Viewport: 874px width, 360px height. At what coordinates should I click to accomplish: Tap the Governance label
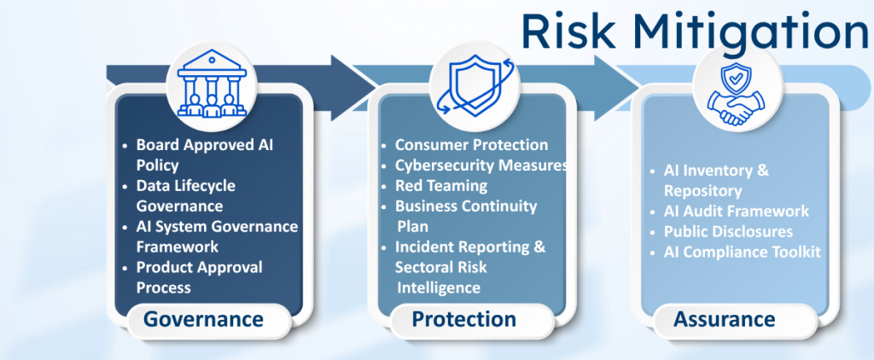pos(203,319)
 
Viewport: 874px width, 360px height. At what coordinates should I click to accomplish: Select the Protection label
pos(463,319)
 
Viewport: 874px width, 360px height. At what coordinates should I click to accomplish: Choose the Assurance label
pos(725,319)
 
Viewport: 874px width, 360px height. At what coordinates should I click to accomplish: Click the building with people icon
pos(212,84)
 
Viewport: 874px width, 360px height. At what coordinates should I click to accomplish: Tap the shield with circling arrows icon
pos(474,84)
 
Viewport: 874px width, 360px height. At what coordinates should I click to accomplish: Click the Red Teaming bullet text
pos(441,186)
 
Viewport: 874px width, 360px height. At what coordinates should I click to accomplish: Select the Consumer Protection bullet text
pos(471,145)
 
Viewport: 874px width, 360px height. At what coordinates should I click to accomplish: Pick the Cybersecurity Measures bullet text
pos(481,165)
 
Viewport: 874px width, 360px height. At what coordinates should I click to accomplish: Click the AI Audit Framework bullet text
pos(737,212)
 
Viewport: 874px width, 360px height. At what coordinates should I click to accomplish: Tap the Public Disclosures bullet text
pos(729,232)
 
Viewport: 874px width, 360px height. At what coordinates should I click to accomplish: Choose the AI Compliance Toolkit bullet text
pos(743,253)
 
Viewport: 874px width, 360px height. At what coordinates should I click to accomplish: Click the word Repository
pos(703,191)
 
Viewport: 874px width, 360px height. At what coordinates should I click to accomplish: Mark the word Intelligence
pos(439,288)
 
